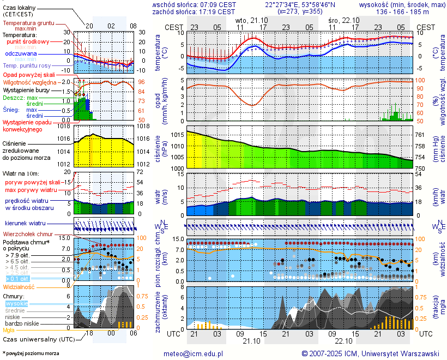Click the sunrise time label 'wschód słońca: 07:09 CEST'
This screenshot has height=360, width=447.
(x=194, y=4)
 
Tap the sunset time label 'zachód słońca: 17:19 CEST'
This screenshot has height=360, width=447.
(x=194, y=11)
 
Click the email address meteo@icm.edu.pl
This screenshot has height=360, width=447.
(x=194, y=353)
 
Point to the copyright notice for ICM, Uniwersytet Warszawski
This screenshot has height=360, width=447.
(x=371, y=353)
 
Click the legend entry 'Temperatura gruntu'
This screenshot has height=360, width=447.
(x=28, y=23)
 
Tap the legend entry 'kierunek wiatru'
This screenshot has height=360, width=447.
(x=26, y=224)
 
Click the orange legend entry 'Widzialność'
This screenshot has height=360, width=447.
(x=19, y=286)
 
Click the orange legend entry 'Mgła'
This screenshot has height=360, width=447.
(x=9, y=330)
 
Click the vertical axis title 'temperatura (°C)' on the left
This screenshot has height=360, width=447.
(x=158, y=52)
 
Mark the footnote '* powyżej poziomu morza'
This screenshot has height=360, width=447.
(x=31, y=353)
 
